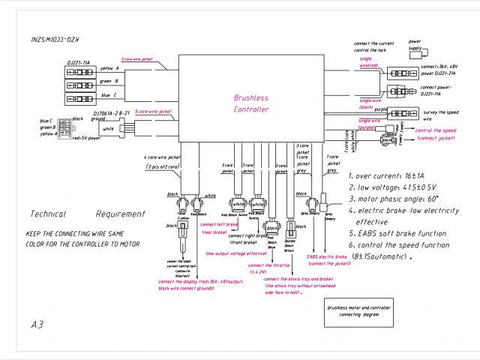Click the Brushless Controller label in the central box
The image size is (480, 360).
pyautogui.click(x=250, y=103)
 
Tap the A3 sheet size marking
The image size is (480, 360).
pyautogui.click(x=38, y=325)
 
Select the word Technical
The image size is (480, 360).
pyautogui.click(x=48, y=214)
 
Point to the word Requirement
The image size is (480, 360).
pyautogui.click(x=120, y=214)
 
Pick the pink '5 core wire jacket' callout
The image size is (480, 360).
pyautogui.click(x=153, y=111)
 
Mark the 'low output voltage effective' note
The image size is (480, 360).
pyautogui.click(x=237, y=254)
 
